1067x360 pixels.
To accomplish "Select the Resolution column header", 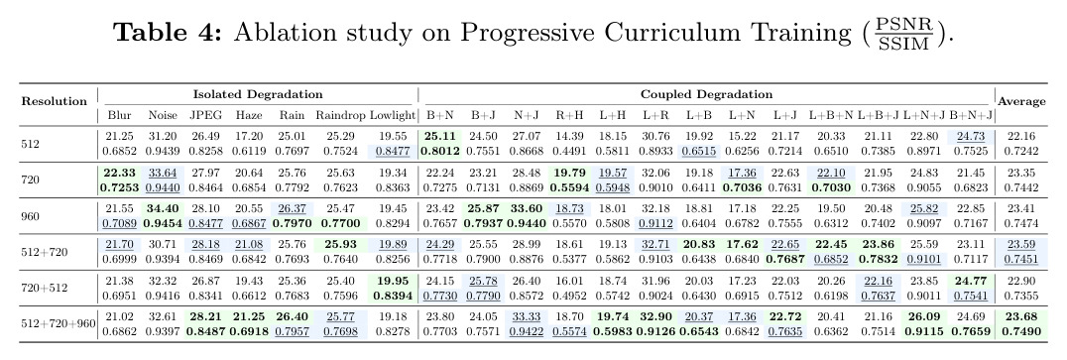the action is (55, 101).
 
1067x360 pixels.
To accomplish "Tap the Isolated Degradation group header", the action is (258, 94).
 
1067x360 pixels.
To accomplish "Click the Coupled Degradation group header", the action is (706, 94).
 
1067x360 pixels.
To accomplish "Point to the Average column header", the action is (1021, 101).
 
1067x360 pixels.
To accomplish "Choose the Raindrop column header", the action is (340, 116).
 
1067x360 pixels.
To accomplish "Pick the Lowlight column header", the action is (392, 116).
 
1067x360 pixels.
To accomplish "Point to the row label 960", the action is (31, 216).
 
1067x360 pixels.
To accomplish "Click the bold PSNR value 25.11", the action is (439, 137).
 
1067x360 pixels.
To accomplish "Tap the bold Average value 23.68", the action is (1021, 316).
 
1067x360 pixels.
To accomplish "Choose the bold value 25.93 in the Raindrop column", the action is (341, 245).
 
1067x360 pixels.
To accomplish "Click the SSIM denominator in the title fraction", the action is (902, 45).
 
